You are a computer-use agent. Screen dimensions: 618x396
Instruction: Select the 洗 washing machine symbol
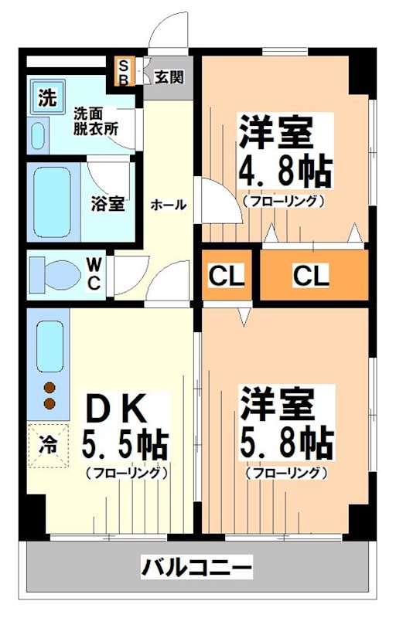coord(47,97)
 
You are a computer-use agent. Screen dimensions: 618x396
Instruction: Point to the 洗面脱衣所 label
coord(96,121)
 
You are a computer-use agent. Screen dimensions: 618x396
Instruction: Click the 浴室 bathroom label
coord(108,204)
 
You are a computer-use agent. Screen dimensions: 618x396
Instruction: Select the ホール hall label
coord(167,205)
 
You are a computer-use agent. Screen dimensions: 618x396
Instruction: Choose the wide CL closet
coord(310,274)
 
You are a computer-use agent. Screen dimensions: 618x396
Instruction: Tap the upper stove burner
coord(50,389)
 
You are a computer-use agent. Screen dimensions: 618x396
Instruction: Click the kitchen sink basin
coord(49,345)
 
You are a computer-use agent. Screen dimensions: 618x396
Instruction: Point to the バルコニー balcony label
coord(196,569)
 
